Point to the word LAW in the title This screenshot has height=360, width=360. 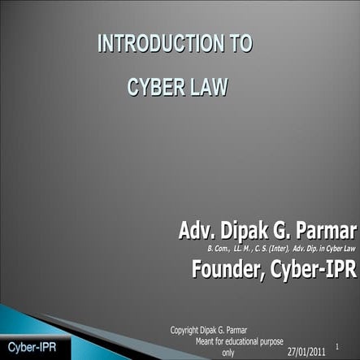pos(206,86)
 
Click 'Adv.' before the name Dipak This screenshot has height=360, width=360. pos(197,209)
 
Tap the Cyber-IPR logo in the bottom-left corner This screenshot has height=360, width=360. pos(28,346)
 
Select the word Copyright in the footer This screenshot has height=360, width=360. pos(186,329)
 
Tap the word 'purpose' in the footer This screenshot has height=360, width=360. pos(283,340)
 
